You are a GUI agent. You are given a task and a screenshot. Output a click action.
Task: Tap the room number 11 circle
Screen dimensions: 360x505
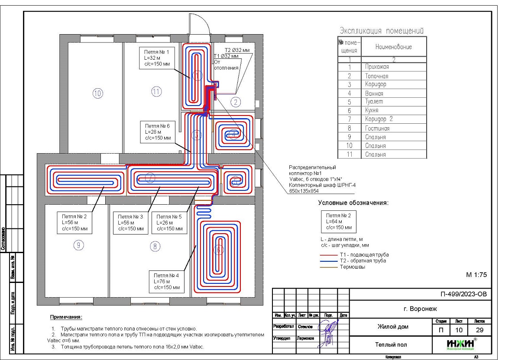coord(156,91)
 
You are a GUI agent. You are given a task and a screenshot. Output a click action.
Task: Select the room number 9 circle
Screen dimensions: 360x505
coord(78,245)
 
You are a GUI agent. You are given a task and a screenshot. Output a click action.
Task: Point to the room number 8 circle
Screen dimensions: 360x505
coord(155,247)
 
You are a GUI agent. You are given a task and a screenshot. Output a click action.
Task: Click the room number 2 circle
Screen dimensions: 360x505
coord(235,102)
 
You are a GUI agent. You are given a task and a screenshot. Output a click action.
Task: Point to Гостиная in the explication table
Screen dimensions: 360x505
coord(377,129)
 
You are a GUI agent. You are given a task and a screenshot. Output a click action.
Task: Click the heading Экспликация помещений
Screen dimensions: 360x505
coord(381,31)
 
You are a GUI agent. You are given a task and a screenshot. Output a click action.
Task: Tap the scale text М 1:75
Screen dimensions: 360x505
coord(476,274)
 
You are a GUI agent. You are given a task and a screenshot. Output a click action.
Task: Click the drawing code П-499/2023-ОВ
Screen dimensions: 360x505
coord(463,294)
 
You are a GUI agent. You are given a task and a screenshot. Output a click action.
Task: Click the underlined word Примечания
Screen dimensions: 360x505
coord(66,318)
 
